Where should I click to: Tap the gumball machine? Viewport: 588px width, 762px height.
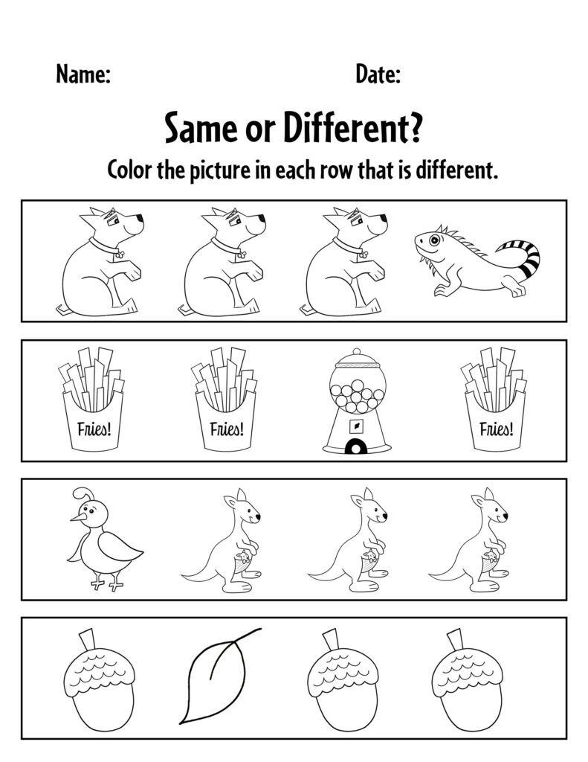point(357,402)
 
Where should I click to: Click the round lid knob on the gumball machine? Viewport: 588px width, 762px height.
point(357,352)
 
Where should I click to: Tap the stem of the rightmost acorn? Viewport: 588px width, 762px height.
point(453,640)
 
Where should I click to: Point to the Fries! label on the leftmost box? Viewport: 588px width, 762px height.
point(91,429)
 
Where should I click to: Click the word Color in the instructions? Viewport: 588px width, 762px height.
point(131,171)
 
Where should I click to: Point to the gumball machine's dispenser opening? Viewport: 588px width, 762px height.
point(357,446)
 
